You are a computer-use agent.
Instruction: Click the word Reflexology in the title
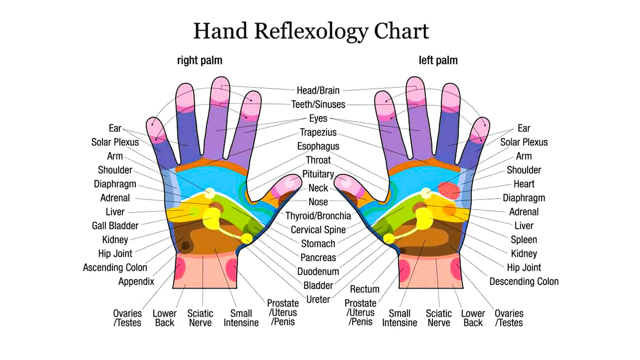pyautogui.click(x=311, y=31)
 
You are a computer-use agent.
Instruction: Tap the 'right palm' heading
pyautogui.click(x=199, y=60)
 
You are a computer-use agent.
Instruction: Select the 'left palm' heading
pyautogui.click(x=438, y=60)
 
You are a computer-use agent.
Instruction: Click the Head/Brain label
pyautogui.click(x=318, y=90)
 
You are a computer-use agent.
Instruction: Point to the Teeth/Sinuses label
pyautogui.click(x=318, y=104)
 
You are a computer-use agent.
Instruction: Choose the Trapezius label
pyautogui.click(x=318, y=132)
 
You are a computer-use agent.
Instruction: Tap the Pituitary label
pyautogui.click(x=318, y=174)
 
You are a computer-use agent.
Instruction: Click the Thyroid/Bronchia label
pyautogui.click(x=318, y=216)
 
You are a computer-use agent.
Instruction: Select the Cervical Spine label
pyautogui.click(x=318, y=230)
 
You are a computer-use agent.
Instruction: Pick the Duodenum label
pyautogui.click(x=318, y=272)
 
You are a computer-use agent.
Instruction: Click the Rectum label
pyautogui.click(x=364, y=289)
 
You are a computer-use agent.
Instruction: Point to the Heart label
pyautogui.click(x=524, y=184)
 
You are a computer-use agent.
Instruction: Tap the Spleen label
pyautogui.click(x=524, y=240)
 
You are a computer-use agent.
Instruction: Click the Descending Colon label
pyautogui.click(x=524, y=282)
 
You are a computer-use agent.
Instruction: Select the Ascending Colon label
pyautogui.click(x=115, y=268)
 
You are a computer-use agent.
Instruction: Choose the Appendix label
pyautogui.click(x=136, y=282)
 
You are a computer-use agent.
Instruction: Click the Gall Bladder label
pyautogui.click(x=115, y=226)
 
